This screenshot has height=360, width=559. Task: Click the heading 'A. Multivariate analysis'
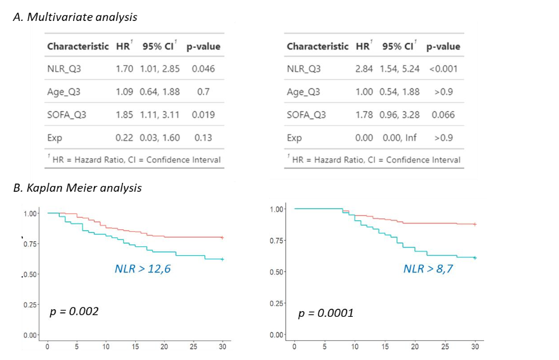tap(75, 17)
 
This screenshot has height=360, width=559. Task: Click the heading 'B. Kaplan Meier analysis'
tap(77, 188)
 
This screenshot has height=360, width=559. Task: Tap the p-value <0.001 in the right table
tap(444, 69)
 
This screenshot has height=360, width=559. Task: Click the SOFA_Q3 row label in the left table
tap(67, 115)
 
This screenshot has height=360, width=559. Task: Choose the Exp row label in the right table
tap(294, 138)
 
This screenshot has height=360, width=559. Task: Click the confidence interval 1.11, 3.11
tap(160, 115)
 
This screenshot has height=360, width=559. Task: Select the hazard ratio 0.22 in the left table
tap(125, 138)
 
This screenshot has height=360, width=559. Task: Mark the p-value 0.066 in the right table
tap(444, 115)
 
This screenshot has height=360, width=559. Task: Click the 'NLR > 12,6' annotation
tap(143, 269)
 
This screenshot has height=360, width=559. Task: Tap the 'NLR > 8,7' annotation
tap(428, 269)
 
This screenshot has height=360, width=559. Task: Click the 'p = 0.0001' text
tap(326, 313)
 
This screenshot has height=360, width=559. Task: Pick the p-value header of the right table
tap(443, 46)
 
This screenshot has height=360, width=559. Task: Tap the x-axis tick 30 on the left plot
tap(222, 347)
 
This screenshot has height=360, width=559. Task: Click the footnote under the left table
tap(134, 159)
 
